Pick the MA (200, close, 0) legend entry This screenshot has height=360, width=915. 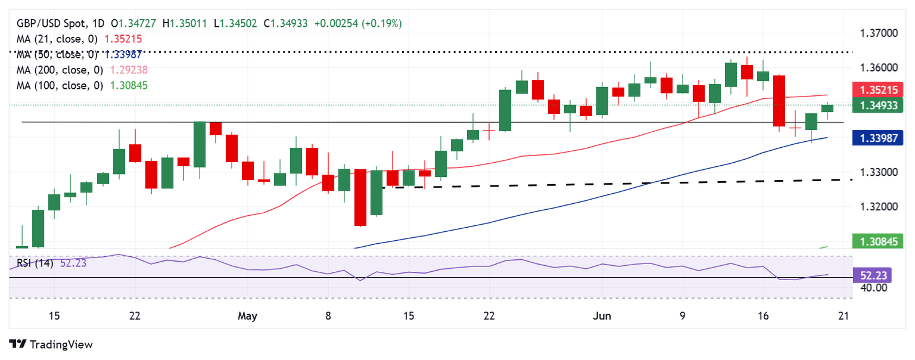pyautogui.click(x=58, y=70)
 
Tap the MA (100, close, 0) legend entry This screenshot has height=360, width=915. pyautogui.click(x=58, y=85)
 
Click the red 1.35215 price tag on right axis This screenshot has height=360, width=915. pyautogui.click(x=878, y=91)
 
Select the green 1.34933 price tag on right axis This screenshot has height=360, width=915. pyautogui.click(x=878, y=106)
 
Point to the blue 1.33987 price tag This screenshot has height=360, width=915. pyautogui.click(x=878, y=139)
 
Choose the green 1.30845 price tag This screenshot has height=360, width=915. pyautogui.click(x=878, y=241)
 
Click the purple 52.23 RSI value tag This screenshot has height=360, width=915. pyautogui.click(x=878, y=276)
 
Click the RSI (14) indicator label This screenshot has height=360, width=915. pyautogui.click(x=33, y=263)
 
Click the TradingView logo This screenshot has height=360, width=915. pyautogui.click(x=51, y=345)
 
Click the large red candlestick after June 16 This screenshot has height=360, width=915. pyautogui.click(x=779, y=101)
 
